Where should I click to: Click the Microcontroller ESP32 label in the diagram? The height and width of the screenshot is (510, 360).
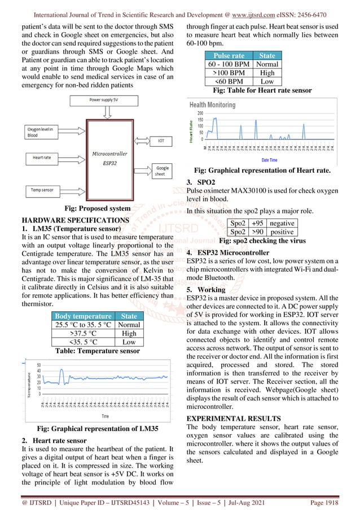click(x=109, y=158)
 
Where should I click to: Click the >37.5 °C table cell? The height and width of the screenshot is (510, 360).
click(x=83, y=333)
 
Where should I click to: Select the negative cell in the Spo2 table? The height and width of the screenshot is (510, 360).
click(x=282, y=224)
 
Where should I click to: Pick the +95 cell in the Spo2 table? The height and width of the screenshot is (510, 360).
click(x=257, y=224)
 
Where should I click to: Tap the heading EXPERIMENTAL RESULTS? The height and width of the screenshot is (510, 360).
click(x=233, y=419)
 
